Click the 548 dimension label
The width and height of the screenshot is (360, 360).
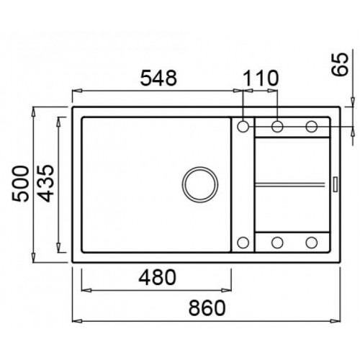(x=158, y=78)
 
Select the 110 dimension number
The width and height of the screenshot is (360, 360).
(x=261, y=78)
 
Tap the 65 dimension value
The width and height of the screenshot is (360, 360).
(x=340, y=64)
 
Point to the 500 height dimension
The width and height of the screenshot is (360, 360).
(x=21, y=184)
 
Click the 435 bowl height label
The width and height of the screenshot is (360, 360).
(x=46, y=183)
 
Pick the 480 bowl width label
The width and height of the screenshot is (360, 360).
(x=158, y=277)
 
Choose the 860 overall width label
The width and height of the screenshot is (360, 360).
(x=207, y=307)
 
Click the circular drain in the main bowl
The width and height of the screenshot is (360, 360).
(x=200, y=184)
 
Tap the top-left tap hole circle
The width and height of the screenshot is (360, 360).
(x=243, y=126)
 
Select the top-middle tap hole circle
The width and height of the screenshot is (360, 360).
(x=277, y=126)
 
